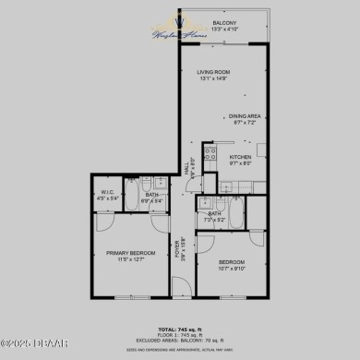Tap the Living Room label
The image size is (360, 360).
(213, 72)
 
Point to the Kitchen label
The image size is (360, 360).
(240, 157)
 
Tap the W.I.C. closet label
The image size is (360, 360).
(107, 193)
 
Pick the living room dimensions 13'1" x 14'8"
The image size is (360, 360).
(213, 78)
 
